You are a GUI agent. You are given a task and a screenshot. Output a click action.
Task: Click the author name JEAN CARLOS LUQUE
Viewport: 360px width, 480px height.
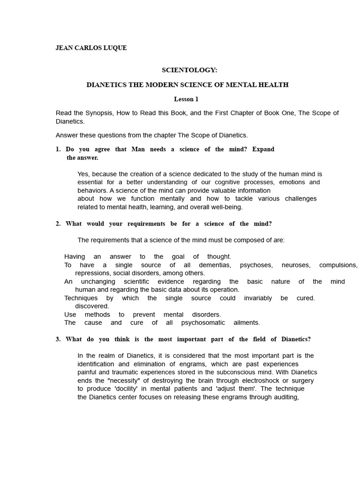point(91,48)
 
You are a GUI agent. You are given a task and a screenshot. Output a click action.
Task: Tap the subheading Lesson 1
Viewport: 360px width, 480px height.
point(186,99)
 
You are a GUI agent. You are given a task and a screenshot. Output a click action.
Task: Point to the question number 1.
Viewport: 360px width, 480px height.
point(58,149)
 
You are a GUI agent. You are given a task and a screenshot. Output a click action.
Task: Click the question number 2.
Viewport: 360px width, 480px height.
point(58,224)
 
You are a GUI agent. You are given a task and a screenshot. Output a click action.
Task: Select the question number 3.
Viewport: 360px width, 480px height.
point(58,339)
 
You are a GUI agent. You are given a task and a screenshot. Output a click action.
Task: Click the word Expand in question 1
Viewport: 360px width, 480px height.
point(263,149)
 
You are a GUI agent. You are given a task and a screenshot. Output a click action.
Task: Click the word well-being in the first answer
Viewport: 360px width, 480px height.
point(226,207)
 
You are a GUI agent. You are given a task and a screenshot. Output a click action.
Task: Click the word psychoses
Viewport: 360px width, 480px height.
point(256,265)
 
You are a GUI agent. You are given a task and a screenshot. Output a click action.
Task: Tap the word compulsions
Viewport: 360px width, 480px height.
point(338,265)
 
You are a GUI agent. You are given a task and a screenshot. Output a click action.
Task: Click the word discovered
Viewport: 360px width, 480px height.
point(92,306)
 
